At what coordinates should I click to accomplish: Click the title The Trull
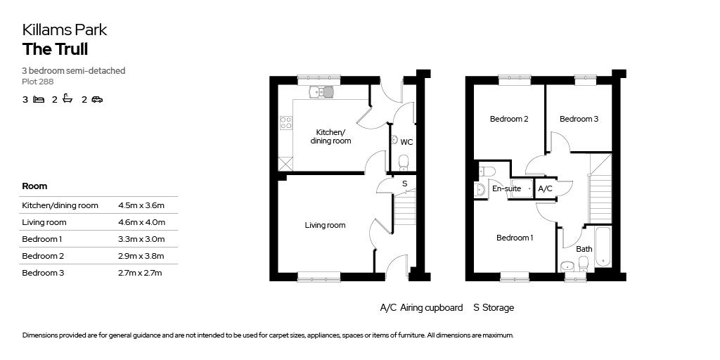(x=55, y=49)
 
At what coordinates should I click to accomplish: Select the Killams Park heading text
(x=65, y=30)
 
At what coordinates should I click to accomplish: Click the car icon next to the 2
(x=97, y=100)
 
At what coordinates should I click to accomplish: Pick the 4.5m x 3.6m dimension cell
(x=142, y=205)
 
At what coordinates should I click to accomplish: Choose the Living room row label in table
(x=44, y=222)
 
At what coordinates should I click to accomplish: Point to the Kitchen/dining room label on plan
(x=330, y=136)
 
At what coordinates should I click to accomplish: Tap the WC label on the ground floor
(x=406, y=142)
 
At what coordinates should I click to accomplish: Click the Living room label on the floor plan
(x=325, y=225)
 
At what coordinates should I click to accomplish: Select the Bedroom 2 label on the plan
(x=509, y=119)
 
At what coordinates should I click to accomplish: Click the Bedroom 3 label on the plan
(x=579, y=119)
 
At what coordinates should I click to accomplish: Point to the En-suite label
(x=506, y=188)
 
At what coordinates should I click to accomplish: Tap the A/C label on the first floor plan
(x=545, y=188)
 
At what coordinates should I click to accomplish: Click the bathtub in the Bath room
(x=603, y=246)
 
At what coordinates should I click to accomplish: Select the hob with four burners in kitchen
(x=286, y=123)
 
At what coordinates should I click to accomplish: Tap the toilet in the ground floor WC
(x=403, y=163)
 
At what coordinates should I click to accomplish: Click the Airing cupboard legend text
(x=421, y=307)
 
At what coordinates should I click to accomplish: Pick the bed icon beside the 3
(x=39, y=100)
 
